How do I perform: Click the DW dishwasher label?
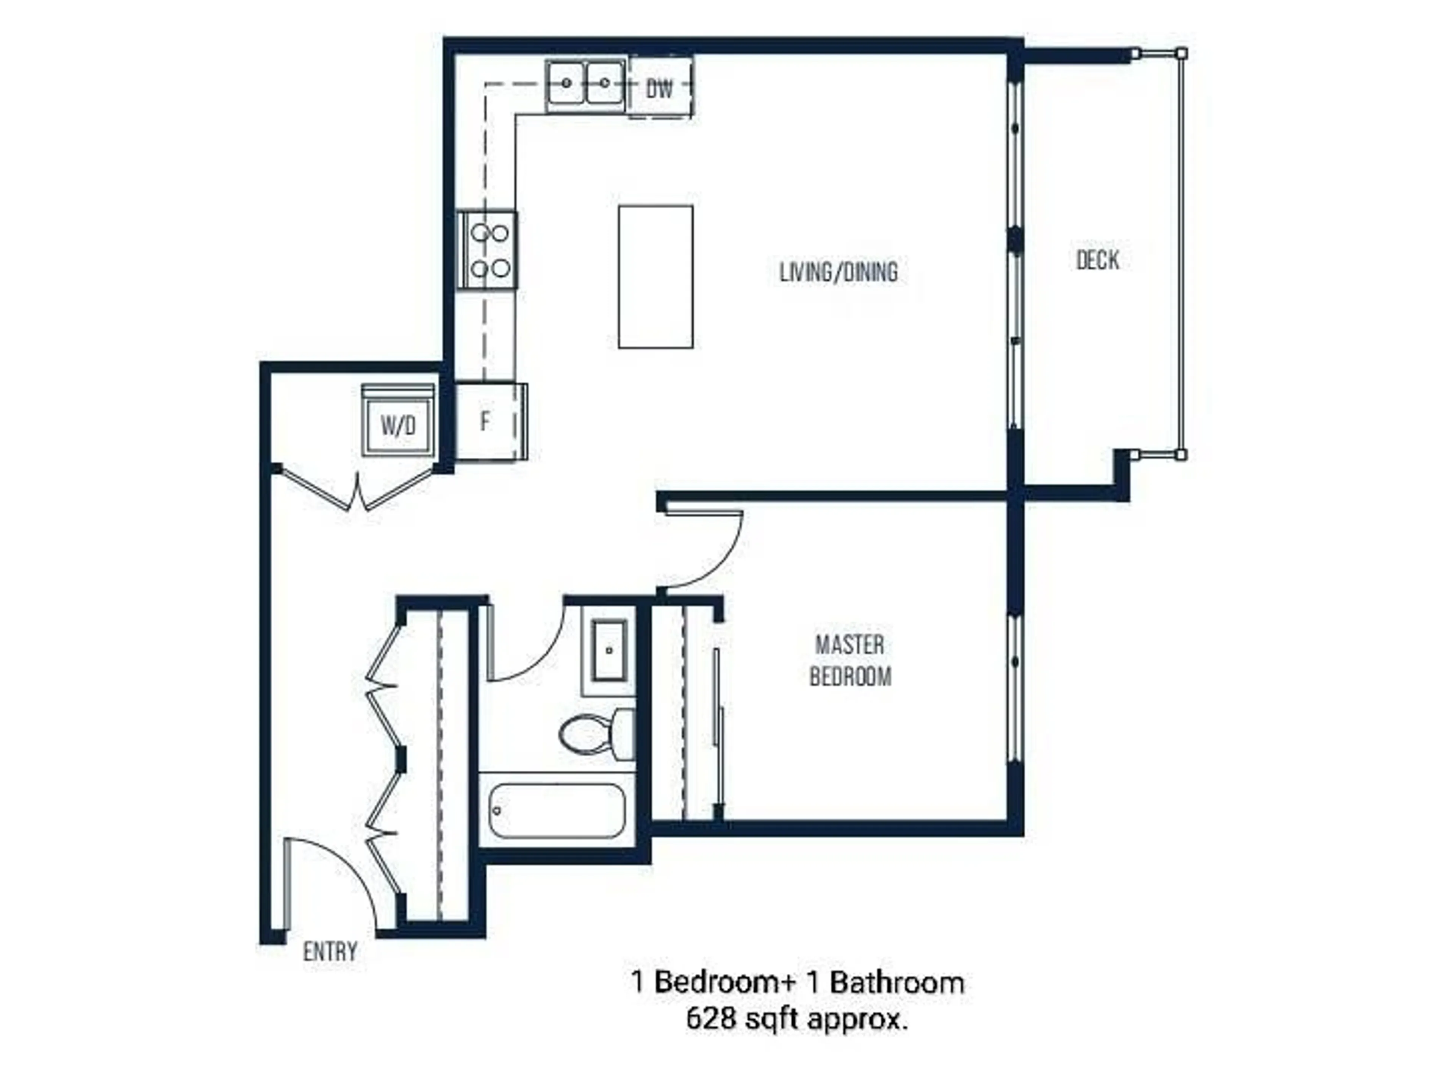pyautogui.click(x=660, y=88)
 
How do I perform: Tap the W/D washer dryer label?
pyautogui.click(x=398, y=425)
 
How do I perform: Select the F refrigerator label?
pyautogui.click(x=485, y=421)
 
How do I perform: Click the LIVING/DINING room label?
pyautogui.click(x=838, y=272)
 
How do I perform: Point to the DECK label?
pyautogui.click(x=1097, y=260)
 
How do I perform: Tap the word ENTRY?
pyautogui.click(x=330, y=951)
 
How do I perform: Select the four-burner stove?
pyautogui.click(x=487, y=250)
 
